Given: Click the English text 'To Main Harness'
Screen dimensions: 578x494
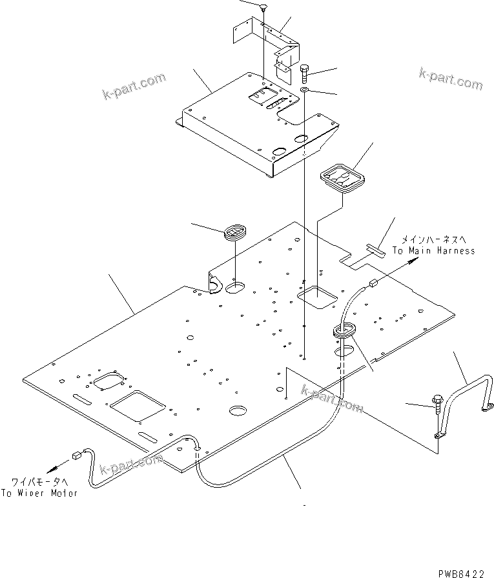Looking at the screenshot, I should coord(434,250).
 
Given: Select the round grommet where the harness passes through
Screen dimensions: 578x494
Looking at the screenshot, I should coord(345,331).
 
